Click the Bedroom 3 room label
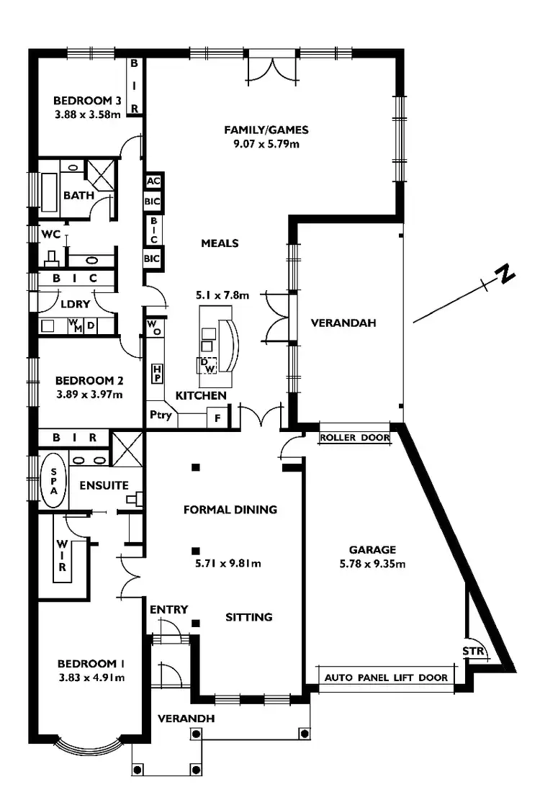pyautogui.click(x=87, y=101)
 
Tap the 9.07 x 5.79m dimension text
pyautogui.click(x=266, y=143)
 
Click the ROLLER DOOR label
pyautogui.click(x=354, y=437)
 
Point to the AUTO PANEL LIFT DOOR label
pyautogui.click(x=386, y=678)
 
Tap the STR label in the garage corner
pyautogui.click(x=474, y=652)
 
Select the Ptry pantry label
pyautogui.click(x=161, y=415)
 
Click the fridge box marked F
pyautogui.click(x=217, y=417)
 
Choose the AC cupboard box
pyautogui.click(x=153, y=181)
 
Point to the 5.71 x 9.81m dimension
pyautogui.click(x=228, y=563)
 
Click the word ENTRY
pyautogui.click(x=168, y=610)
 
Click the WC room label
pyautogui.click(x=50, y=235)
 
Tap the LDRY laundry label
pyautogui.click(x=75, y=304)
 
